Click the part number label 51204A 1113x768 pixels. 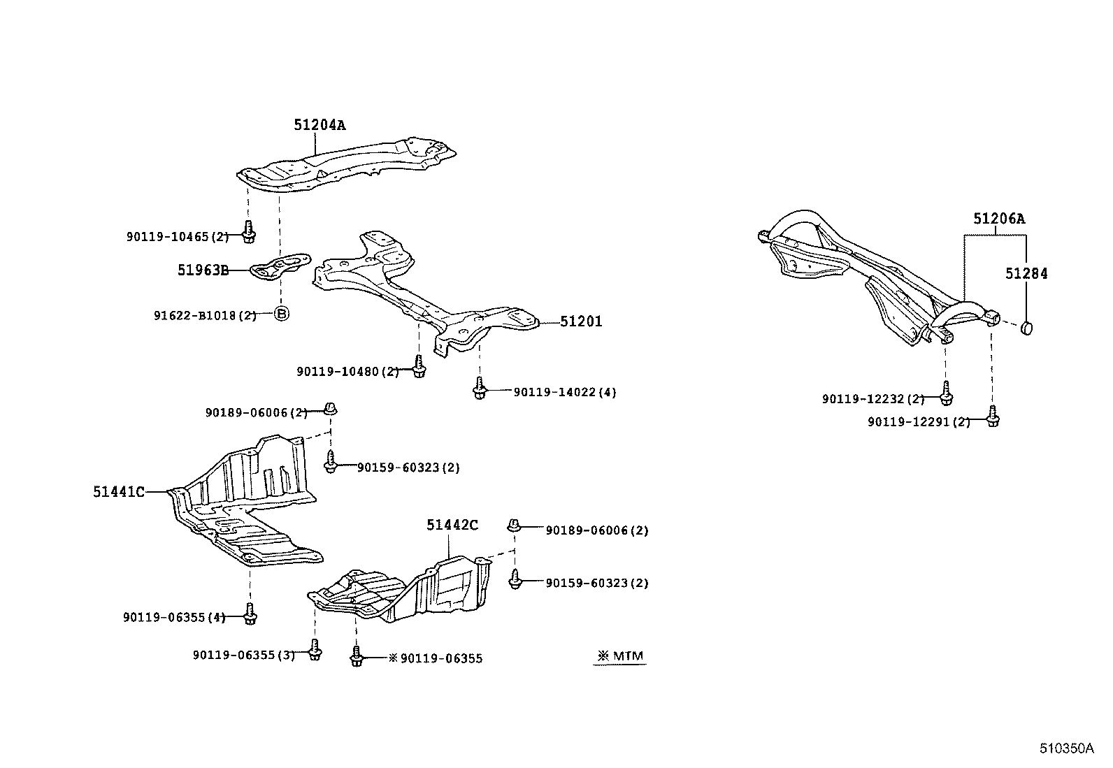[x=319, y=125]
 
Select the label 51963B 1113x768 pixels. [x=203, y=270]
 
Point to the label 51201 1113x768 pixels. [x=580, y=322]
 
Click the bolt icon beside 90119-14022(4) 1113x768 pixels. [x=480, y=388]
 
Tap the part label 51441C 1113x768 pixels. [x=119, y=492]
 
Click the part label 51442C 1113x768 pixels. [x=452, y=525]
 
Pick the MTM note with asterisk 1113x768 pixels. [x=619, y=657]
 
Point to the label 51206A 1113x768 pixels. [x=999, y=219]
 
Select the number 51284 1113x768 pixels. [x=1026, y=274]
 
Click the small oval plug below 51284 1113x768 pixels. [x=1027, y=327]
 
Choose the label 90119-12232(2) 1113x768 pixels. [x=873, y=399]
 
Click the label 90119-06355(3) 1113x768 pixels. [x=243, y=655]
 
